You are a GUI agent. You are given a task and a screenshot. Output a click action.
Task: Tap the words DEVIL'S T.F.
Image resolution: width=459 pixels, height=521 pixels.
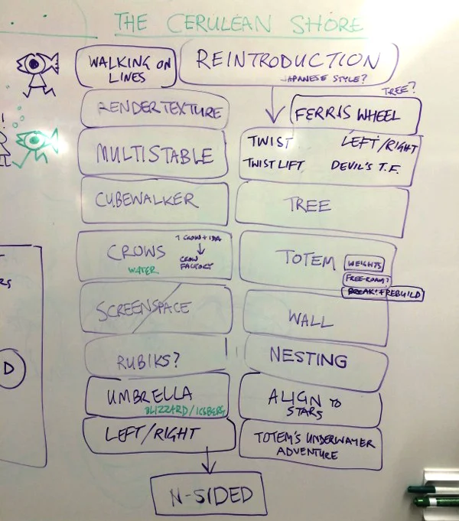363,165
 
